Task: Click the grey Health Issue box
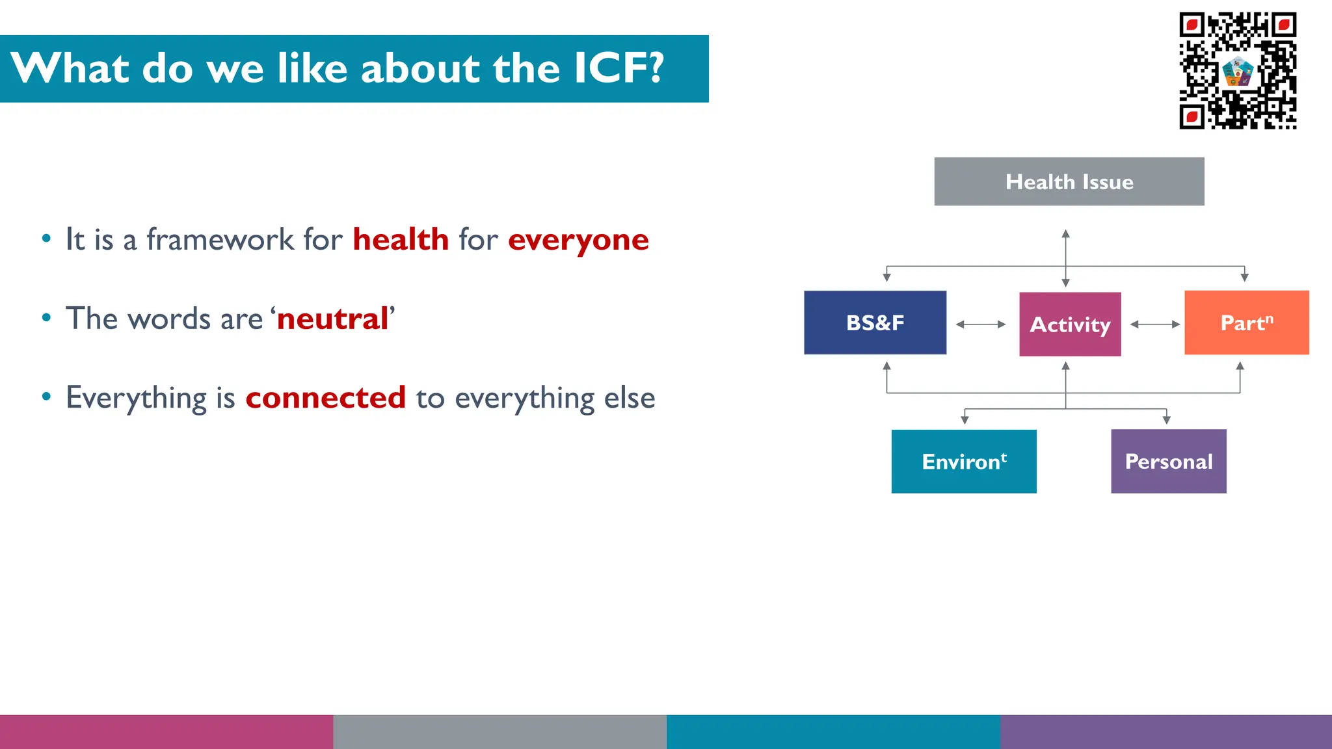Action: coord(1069,181)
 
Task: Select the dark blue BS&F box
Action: coord(875,322)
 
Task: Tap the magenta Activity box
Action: coord(1070,324)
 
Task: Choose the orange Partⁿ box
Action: coord(1246,322)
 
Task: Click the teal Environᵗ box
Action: coord(963,461)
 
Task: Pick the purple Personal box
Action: coord(1168,461)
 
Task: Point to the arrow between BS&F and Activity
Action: coord(981,324)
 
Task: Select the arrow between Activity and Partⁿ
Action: coord(1154,324)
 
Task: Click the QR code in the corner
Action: coord(1237,70)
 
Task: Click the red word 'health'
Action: coord(401,239)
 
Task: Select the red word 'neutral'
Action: coord(332,319)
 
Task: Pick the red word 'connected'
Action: coord(325,397)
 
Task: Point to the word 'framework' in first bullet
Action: coord(220,239)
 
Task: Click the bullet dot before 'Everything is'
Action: coord(46,397)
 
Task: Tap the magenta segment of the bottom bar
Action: coord(166,731)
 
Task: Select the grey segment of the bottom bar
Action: coord(499,731)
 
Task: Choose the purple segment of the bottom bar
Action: coord(1165,731)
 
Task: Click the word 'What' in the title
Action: coord(70,68)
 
